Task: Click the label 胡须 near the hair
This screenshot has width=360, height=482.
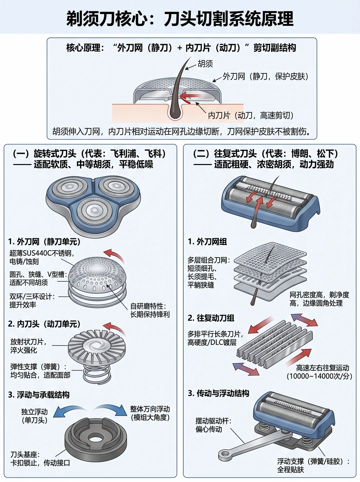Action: pyautogui.click(x=205, y=64)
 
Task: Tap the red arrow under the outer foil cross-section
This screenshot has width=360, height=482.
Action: pyautogui.click(x=191, y=96)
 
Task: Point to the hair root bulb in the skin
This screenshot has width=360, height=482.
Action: pyautogui.click(x=175, y=112)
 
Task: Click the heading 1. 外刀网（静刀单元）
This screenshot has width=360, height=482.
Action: pyautogui.click(x=44, y=242)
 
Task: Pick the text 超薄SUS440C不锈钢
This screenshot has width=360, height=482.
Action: pyautogui.click(x=41, y=253)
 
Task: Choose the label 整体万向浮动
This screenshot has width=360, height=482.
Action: pyautogui.click(x=150, y=409)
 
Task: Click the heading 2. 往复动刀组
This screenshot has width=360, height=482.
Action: pyautogui.click(x=211, y=318)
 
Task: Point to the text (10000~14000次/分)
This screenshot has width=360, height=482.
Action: pyautogui.click(x=319, y=376)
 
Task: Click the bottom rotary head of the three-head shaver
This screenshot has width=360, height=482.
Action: pyautogui.click(x=94, y=210)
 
